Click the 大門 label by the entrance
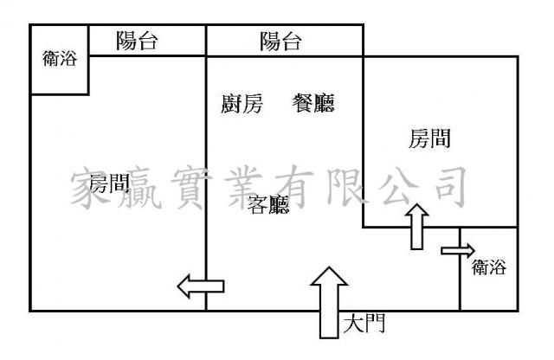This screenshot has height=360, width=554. (364, 325)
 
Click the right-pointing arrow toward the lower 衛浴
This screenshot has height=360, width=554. (457, 251)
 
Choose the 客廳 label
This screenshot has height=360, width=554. (268, 205)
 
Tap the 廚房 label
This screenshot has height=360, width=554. (241, 105)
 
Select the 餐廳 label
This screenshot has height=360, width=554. (312, 105)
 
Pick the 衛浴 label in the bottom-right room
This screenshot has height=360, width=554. (489, 268)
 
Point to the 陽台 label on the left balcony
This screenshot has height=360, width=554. (137, 40)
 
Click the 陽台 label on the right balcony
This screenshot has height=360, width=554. (281, 40)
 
